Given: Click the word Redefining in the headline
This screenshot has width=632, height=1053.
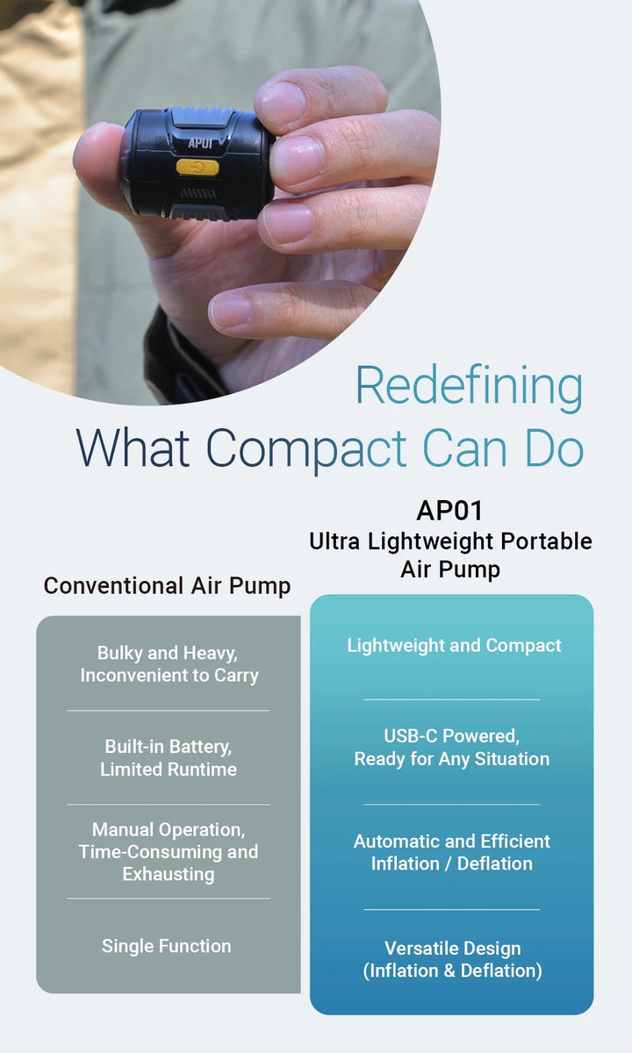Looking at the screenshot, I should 469,386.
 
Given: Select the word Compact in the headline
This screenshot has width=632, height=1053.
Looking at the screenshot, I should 306,448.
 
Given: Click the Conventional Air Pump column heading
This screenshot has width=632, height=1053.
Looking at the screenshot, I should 168,585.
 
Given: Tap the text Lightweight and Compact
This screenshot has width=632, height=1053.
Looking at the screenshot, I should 454,646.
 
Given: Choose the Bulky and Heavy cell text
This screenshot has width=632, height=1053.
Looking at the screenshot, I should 169,654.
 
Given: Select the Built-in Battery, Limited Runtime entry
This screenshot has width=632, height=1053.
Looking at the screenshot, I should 169,757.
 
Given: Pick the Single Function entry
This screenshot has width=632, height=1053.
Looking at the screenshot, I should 167,946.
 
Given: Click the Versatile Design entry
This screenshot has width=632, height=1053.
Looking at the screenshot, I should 452,949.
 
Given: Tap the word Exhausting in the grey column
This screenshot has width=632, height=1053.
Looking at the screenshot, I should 169,875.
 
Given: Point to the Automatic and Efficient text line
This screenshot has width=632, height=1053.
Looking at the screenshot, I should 452,842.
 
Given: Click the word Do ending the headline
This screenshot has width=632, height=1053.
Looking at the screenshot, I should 554,448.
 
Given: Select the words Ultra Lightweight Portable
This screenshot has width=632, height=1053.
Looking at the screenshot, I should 450,541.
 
